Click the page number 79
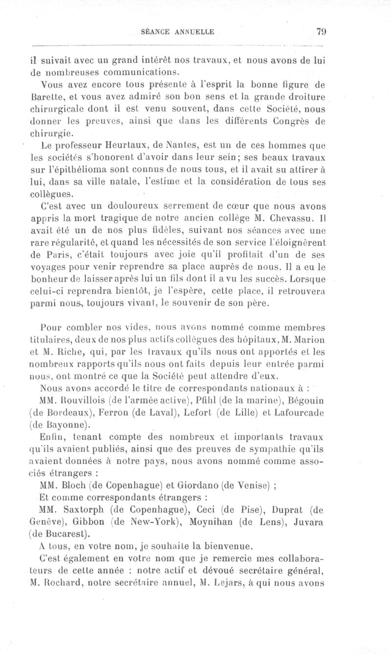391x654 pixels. point(321,32)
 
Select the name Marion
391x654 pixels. point(307,340)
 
